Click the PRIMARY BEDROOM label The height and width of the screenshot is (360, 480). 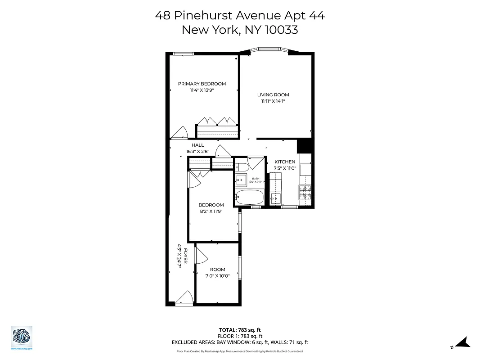click(x=202, y=84)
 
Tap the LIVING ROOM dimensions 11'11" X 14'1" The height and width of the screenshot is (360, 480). click(x=273, y=102)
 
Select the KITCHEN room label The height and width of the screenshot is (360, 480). click(x=285, y=162)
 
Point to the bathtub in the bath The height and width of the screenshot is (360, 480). click(x=249, y=197)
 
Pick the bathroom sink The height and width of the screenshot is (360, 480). click(x=242, y=180)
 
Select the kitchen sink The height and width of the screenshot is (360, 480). click(x=275, y=198)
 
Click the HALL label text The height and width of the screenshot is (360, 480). click(x=197, y=145)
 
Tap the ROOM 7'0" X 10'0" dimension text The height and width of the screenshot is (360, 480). click(x=218, y=276)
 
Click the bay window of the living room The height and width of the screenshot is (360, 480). click(x=269, y=50)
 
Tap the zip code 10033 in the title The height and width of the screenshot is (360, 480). click(x=281, y=30)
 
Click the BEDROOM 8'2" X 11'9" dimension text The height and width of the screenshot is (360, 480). click(x=211, y=211)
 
